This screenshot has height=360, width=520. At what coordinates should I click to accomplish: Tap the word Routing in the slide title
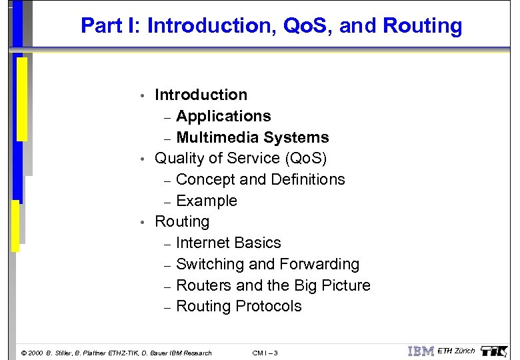423,26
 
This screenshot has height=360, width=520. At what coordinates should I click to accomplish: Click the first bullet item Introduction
201,95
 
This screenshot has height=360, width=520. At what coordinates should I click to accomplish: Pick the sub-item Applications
223,116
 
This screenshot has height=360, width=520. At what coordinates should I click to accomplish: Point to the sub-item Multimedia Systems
252,137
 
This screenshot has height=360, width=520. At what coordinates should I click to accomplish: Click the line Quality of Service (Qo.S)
241,158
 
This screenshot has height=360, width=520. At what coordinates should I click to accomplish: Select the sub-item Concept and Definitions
260,179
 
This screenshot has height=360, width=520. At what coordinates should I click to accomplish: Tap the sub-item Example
207,201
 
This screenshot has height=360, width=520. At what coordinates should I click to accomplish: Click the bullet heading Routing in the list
181,221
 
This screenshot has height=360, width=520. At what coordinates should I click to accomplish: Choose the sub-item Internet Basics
228,243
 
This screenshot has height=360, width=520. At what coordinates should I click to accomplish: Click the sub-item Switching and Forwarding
267,264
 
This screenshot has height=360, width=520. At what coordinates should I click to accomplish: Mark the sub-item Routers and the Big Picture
273,285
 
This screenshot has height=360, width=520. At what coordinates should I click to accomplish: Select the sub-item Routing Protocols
239,306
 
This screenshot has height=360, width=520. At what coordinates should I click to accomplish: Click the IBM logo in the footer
421,351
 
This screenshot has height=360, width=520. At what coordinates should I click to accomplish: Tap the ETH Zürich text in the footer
456,351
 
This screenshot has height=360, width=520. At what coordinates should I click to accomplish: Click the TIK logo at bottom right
494,351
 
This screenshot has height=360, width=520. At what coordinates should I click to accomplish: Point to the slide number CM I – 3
266,353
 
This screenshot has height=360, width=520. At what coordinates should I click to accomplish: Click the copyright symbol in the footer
25,353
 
